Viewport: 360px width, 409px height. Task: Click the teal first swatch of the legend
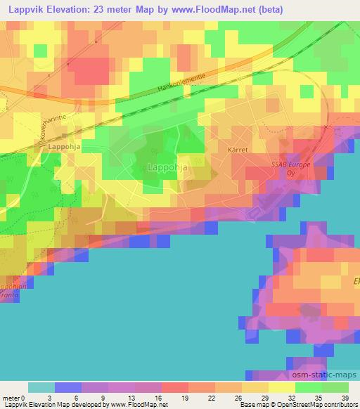point(41,387)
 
